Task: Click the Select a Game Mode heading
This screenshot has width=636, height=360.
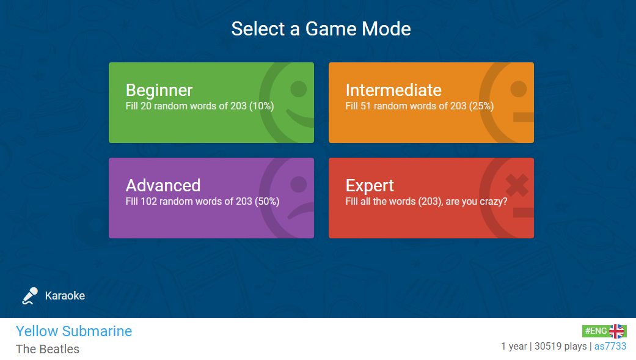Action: (321, 29)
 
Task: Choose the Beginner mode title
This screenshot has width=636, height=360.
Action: (159, 90)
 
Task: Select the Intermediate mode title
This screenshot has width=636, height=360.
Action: (393, 90)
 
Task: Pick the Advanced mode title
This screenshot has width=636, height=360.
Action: (163, 185)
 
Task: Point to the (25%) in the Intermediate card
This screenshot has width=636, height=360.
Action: (481, 106)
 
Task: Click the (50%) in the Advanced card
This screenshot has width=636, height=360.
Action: (267, 201)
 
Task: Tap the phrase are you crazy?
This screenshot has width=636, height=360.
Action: (476, 202)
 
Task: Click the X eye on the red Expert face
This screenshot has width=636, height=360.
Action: (517, 185)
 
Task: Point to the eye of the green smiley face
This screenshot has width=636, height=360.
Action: (299, 89)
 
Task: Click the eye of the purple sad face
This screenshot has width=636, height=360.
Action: (299, 185)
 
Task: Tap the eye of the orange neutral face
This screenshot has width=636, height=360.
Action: (518, 89)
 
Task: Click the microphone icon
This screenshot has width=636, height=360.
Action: (29, 296)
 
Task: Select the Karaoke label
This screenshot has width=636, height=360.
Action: (65, 295)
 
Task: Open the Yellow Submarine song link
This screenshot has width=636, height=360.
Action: (74, 331)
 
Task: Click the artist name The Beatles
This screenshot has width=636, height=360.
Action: (48, 349)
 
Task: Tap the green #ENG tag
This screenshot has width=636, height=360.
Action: (596, 331)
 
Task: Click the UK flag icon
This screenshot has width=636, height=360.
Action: (616, 331)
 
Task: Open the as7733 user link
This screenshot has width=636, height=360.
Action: (610, 346)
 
